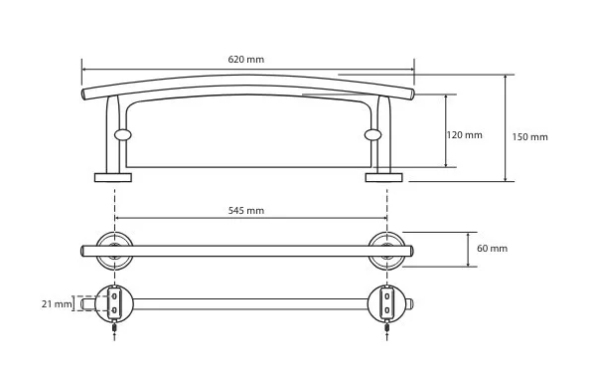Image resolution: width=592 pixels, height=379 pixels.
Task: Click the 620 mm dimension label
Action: click(x=245, y=60)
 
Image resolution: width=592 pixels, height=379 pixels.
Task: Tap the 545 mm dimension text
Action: click(x=245, y=211)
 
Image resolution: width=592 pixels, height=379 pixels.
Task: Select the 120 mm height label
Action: click(x=465, y=135)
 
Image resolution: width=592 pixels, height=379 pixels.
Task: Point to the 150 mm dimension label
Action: click(x=529, y=137)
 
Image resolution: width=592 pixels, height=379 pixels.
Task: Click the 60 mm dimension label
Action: click(x=492, y=249)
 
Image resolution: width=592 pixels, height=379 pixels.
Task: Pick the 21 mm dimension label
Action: click(x=57, y=303)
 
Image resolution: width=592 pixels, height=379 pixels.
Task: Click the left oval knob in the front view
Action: click(x=123, y=134)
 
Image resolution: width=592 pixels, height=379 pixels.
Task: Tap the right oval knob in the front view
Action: click(x=373, y=134)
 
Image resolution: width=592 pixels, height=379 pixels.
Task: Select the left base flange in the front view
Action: click(x=113, y=177)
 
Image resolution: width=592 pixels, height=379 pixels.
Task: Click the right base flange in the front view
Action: click(x=384, y=177)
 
